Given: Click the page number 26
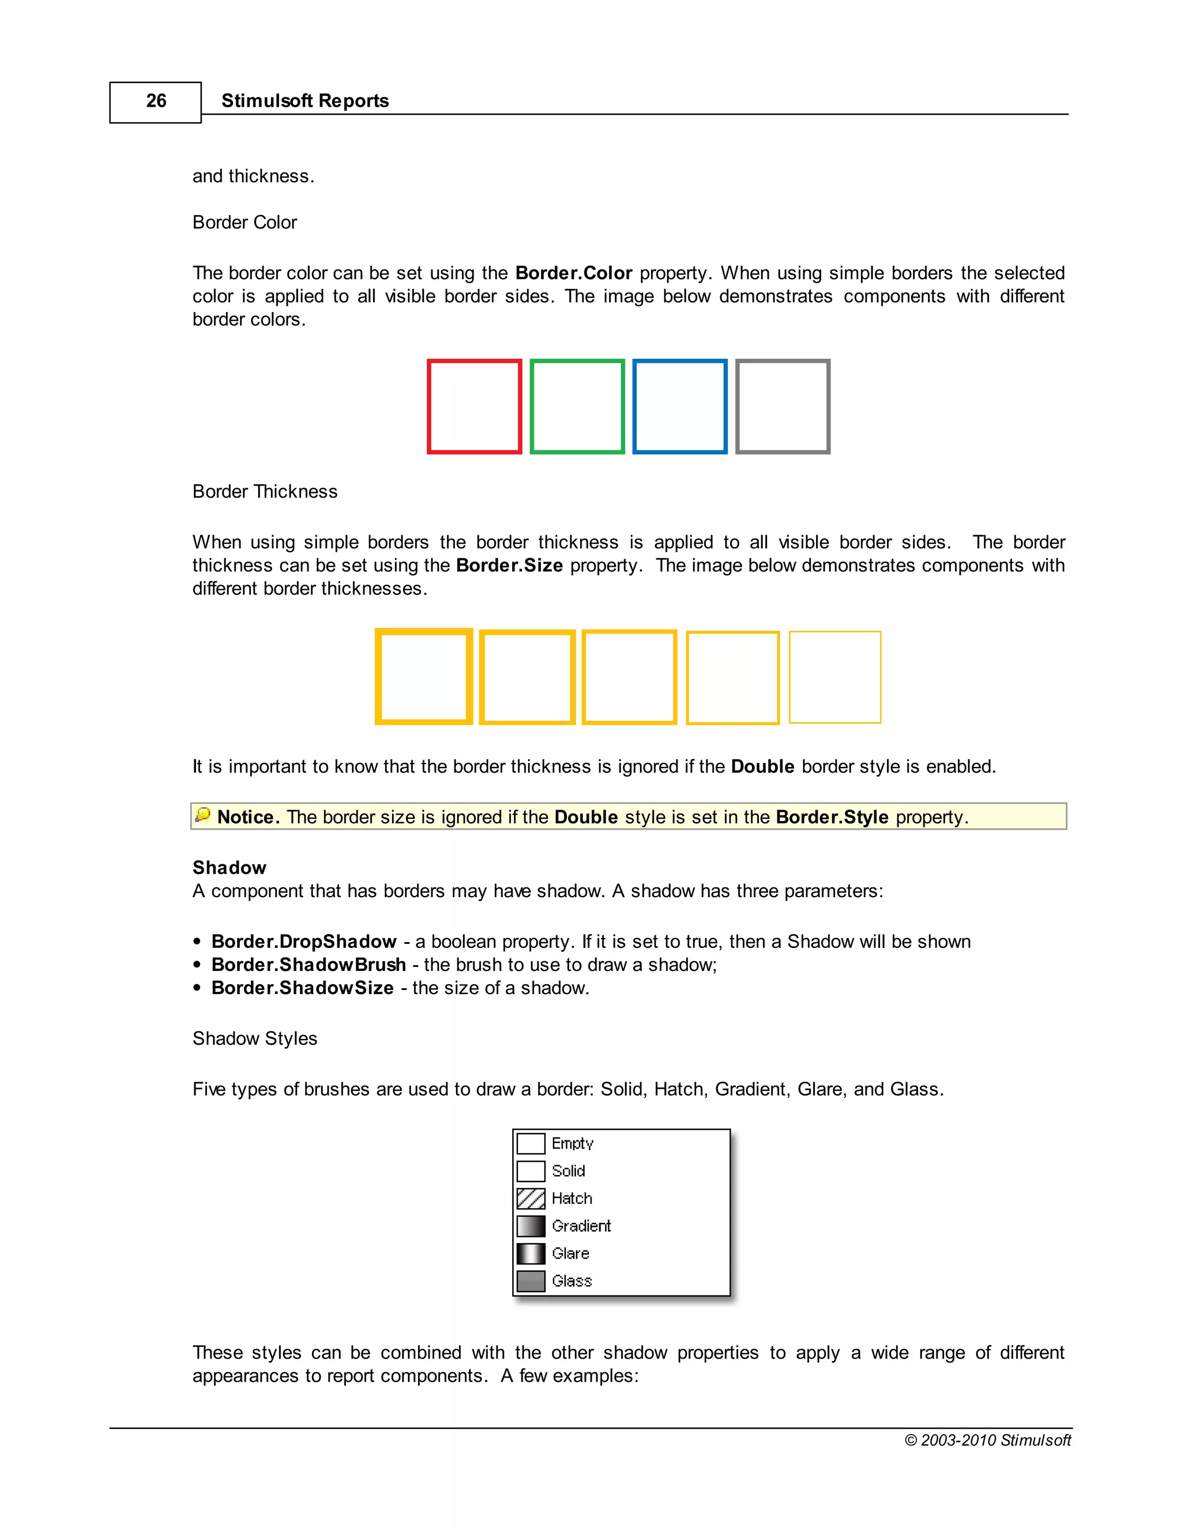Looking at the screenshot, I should (x=156, y=101).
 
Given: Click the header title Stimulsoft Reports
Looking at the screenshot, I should (x=304, y=101).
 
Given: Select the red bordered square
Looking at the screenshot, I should (x=475, y=407).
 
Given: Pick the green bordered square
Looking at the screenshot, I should (x=577, y=407).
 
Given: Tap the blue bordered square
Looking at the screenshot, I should (x=680, y=407).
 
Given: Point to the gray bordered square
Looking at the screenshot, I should (x=783, y=407).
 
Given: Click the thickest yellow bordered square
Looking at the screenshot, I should (x=424, y=676).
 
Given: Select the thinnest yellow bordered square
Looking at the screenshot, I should (x=834, y=676).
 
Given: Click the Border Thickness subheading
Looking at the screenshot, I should (x=265, y=492).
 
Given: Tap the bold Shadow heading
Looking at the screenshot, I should (x=229, y=868).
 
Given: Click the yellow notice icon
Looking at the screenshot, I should (x=203, y=815).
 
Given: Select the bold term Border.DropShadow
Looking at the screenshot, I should (x=304, y=942).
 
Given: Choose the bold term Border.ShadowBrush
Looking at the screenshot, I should (x=309, y=965).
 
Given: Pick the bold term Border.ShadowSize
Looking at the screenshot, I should (x=302, y=988).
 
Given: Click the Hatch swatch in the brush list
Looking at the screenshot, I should (x=531, y=1199).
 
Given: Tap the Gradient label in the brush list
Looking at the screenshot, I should (x=581, y=1226).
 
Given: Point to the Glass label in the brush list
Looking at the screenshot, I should (x=571, y=1281).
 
